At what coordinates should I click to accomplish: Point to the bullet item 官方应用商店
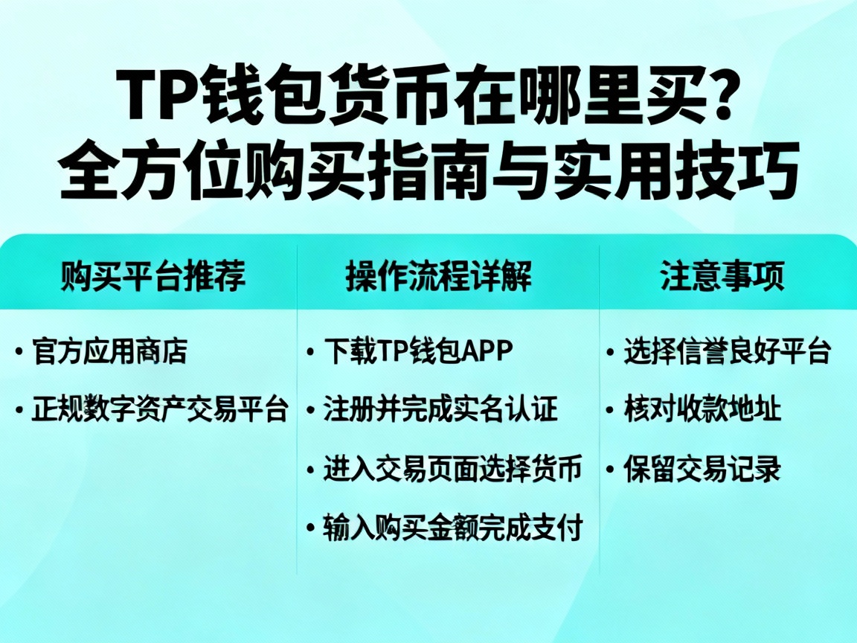[x=109, y=351]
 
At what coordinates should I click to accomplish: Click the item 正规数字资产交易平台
[x=159, y=409]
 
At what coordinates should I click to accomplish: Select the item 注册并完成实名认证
[x=440, y=409]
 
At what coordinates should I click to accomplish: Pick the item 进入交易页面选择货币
[x=452, y=469]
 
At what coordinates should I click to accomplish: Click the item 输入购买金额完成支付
[x=452, y=528]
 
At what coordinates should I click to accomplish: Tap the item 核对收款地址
[x=702, y=409]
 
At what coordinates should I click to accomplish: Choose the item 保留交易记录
[x=702, y=470]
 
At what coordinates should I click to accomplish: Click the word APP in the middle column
[x=487, y=351]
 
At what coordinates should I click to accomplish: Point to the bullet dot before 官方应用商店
[x=19, y=352]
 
